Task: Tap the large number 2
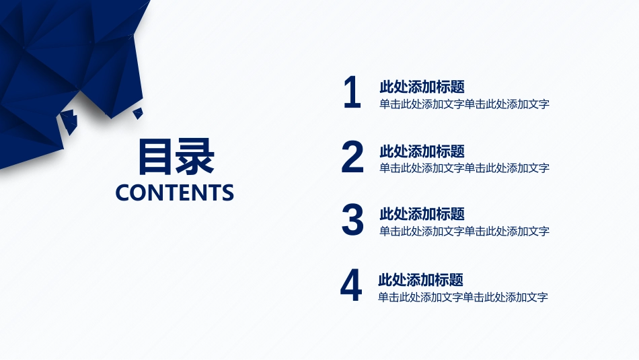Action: (352, 157)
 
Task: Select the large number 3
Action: (352, 221)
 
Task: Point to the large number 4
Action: (351, 286)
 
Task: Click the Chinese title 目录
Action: (176, 157)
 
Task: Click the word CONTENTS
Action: (175, 192)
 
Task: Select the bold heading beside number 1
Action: (422, 87)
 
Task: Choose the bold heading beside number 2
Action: (422, 151)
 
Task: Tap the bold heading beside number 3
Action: (422, 215)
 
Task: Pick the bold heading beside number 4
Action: (420, 280)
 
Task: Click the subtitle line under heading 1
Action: (464, 104)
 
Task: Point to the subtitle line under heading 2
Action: (464, 168)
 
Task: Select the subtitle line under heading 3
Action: (464, 231)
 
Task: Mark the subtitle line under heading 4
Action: (463, 297)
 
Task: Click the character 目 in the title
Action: (156, 157)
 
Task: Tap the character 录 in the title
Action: (195, 157)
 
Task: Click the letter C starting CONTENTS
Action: (123, 192)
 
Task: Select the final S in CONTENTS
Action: (227, 192)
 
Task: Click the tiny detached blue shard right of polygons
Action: (138, 113)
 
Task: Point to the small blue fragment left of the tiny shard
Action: (69, 122)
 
